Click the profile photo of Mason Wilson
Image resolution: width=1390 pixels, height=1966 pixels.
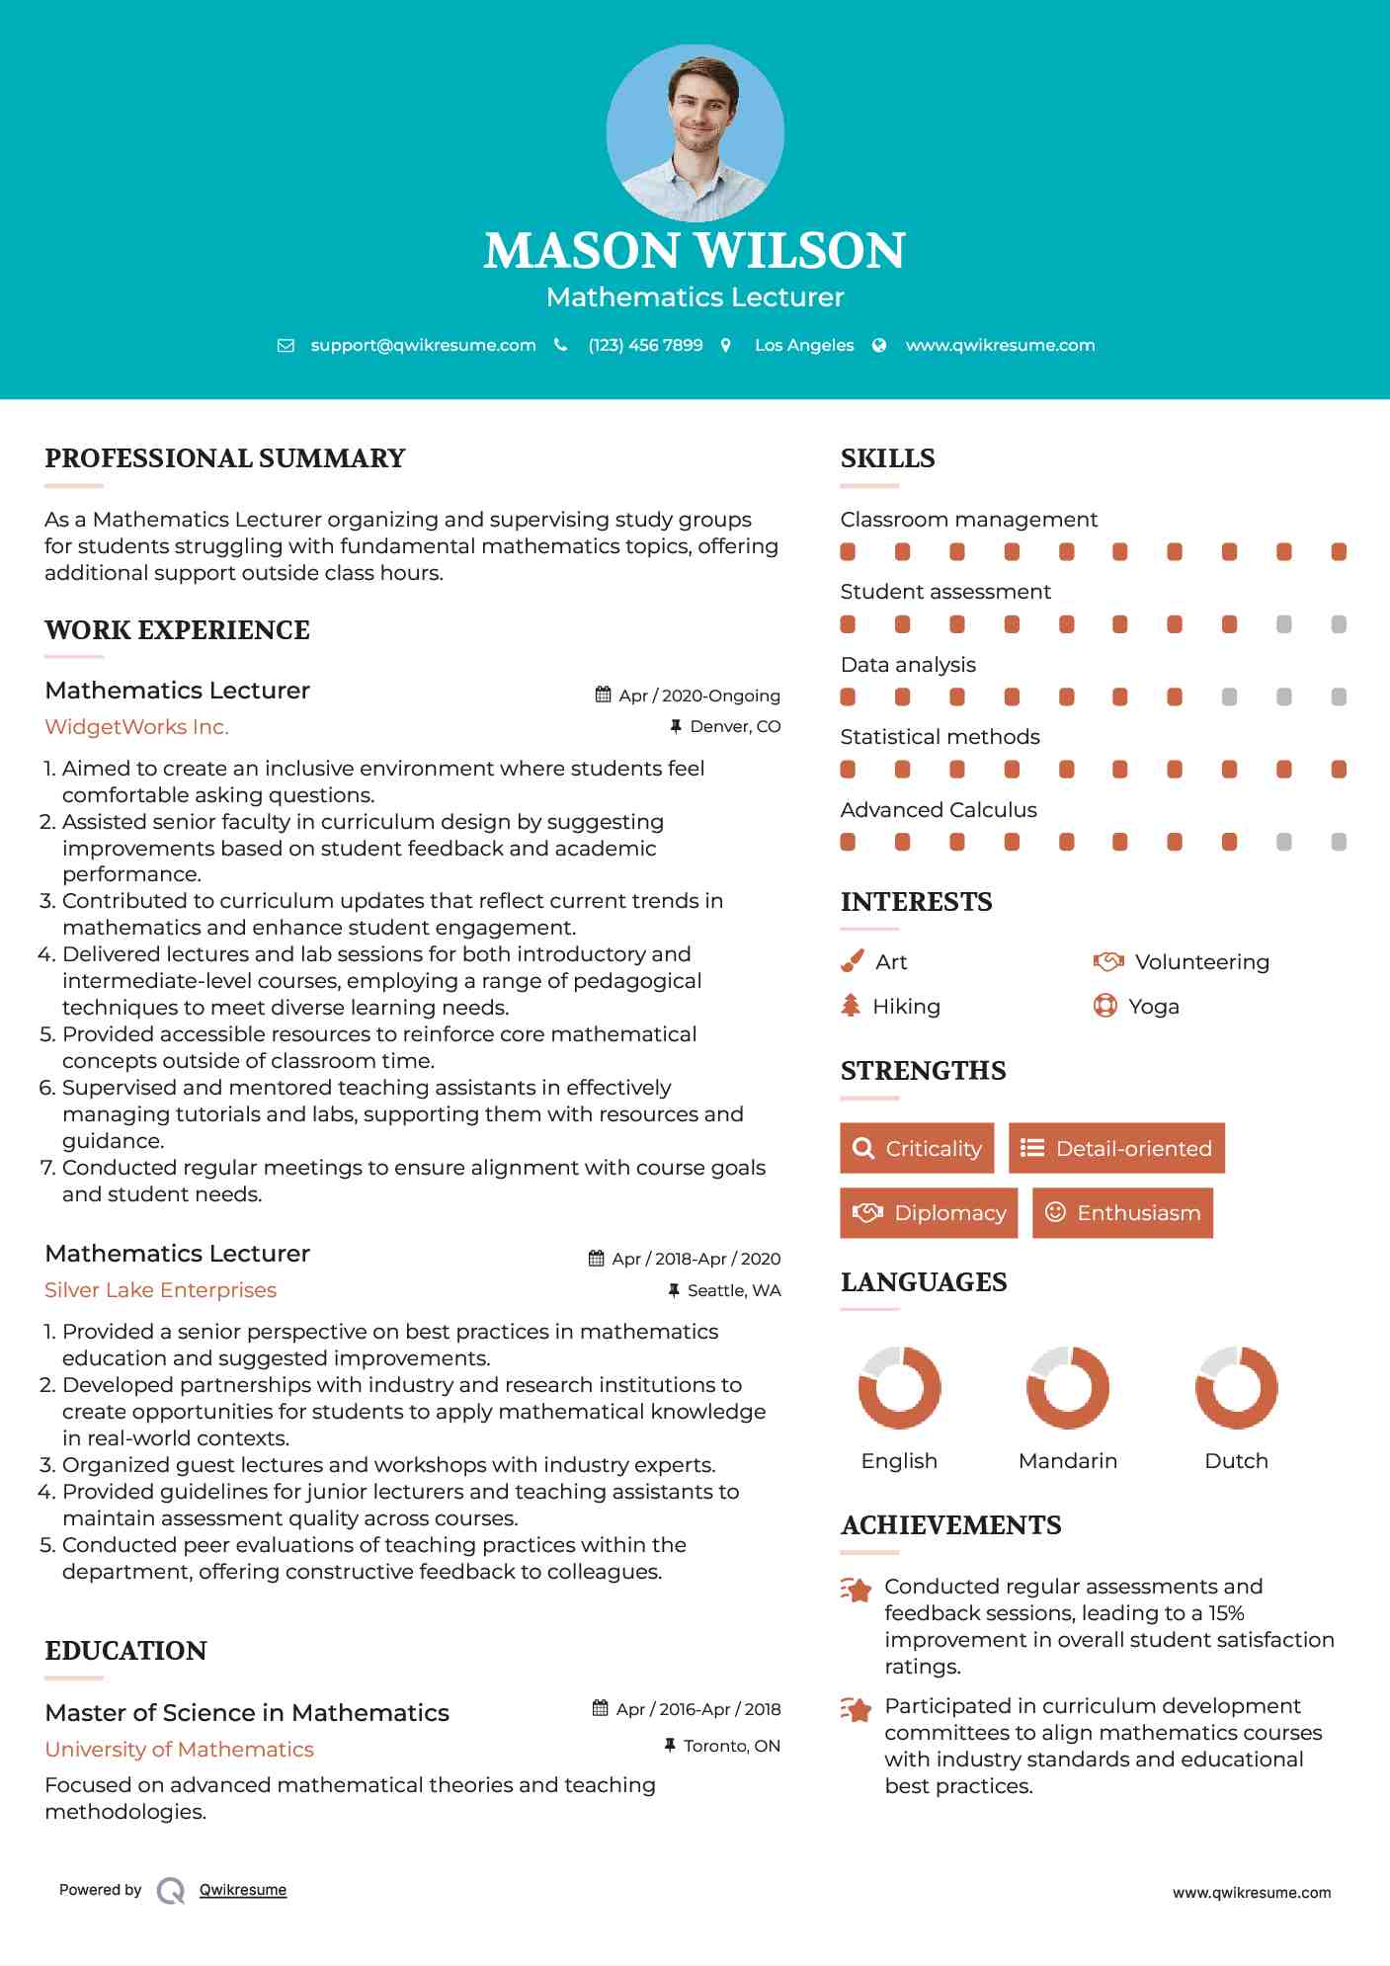click(695, 132)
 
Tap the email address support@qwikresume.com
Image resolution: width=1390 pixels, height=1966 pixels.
click(423, 345)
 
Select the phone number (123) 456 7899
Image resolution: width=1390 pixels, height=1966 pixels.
click(645, 345)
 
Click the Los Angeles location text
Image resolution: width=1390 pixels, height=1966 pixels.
click(804, 345)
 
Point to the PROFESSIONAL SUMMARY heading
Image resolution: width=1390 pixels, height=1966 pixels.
click(225, 458)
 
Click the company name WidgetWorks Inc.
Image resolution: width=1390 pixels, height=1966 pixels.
click(136, 727)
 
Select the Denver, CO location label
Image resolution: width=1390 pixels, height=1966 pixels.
click(735, 727)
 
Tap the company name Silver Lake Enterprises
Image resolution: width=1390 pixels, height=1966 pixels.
click(160, 1290)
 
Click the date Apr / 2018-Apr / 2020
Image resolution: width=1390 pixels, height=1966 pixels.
click(695, 1259)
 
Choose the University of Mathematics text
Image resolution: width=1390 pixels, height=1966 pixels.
click(179, 1750)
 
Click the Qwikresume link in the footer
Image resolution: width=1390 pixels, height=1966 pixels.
click(243, 1890)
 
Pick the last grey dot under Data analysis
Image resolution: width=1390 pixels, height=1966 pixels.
click(1339, 697)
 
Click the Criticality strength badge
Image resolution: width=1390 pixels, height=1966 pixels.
click(917, 1148)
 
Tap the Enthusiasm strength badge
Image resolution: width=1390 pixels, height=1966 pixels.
click(1122, 1213)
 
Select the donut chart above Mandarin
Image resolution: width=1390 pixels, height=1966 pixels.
click(1068, 1387)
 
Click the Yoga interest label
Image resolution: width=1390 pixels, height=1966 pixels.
click(1154, 1007)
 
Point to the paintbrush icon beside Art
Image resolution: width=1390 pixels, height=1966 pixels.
click(852, 961)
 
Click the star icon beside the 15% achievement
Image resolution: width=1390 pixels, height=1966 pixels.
click(857, 1590)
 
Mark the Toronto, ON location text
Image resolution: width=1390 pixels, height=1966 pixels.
click(731, 1747)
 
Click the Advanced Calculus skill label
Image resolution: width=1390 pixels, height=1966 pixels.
click(939, 810)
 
